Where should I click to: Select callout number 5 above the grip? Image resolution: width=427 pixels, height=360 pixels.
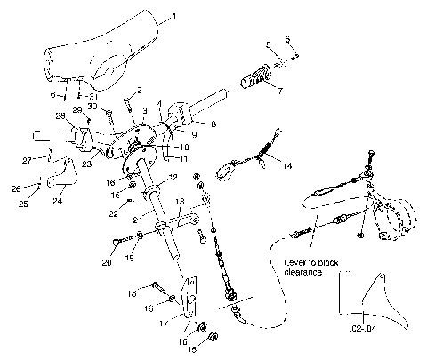(268, 44)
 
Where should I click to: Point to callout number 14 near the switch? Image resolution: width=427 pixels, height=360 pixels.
(286, 165)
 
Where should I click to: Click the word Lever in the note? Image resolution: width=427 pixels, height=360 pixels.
(294, 263)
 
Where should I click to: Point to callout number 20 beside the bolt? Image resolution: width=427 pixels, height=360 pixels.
(108, 263)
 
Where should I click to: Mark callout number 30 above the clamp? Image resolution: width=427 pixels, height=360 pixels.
(92, 106)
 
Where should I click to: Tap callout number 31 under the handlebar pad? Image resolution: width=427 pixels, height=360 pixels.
(93, 96)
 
